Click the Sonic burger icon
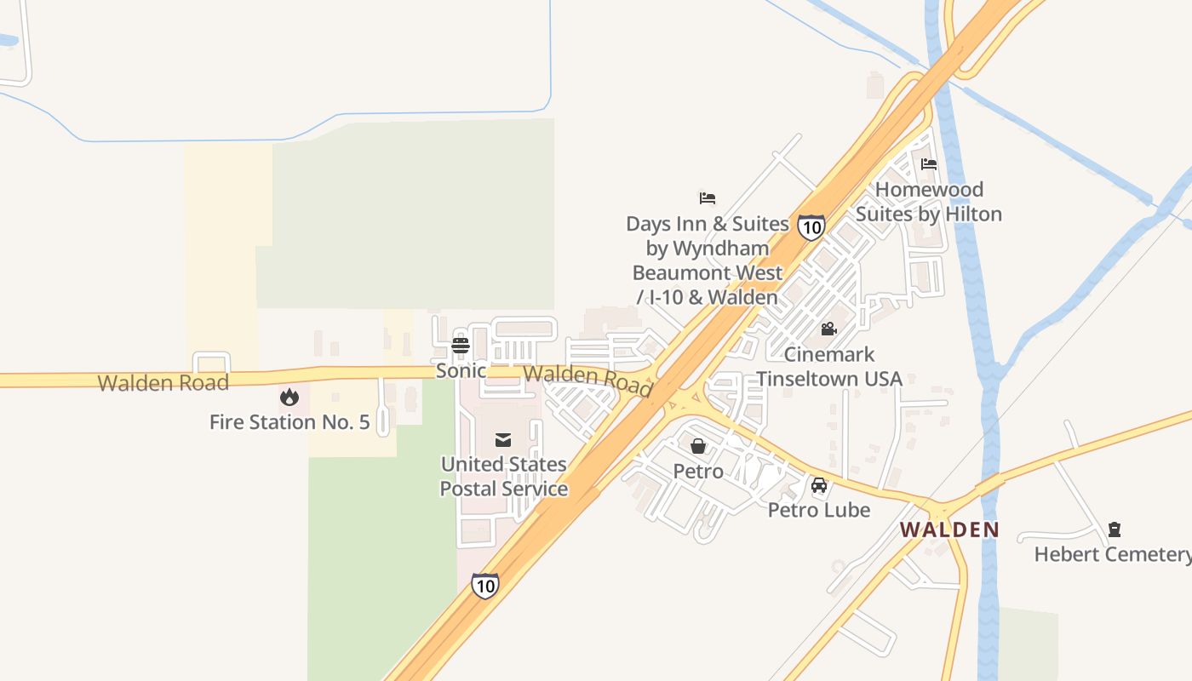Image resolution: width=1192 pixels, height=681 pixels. (x=461, y=345)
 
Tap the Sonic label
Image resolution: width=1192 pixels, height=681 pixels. (x=461, y=371)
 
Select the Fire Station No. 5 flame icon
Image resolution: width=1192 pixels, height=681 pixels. (x=289, y=397)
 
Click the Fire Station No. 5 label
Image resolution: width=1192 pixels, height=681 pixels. (x=289, y=422)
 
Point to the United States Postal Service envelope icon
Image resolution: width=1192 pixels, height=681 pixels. (x=503, y=439)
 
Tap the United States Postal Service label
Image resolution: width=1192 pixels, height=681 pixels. (x=503, y=477)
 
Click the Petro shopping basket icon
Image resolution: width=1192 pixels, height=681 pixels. (x=698, y=445)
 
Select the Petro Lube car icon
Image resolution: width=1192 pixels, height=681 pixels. (x=819, y=485)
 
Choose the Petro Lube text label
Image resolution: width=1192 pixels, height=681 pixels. (x=819, y=510)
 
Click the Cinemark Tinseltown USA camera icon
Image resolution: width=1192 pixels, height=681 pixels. (x=828, y=329)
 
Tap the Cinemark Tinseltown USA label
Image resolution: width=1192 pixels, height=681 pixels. (x=829, y=366)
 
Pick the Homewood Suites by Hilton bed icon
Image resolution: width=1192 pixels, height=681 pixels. (x=929, y=164)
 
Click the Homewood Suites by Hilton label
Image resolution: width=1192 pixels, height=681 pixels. (x=929, y=202)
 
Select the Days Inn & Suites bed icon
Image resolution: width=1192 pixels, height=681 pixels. (x=708, y=198)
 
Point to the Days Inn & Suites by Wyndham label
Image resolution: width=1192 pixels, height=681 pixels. (x=708, y=260)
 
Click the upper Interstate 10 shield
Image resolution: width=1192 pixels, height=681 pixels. (x=811, y=226)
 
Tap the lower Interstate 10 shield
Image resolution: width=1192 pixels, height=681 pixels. (x=484, y=585)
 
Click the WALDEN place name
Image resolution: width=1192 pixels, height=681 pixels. (x=949, y=529)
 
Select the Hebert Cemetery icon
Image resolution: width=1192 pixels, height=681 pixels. (x=1115, y=529)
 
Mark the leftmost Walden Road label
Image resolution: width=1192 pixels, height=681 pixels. (x=163, y=383)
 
